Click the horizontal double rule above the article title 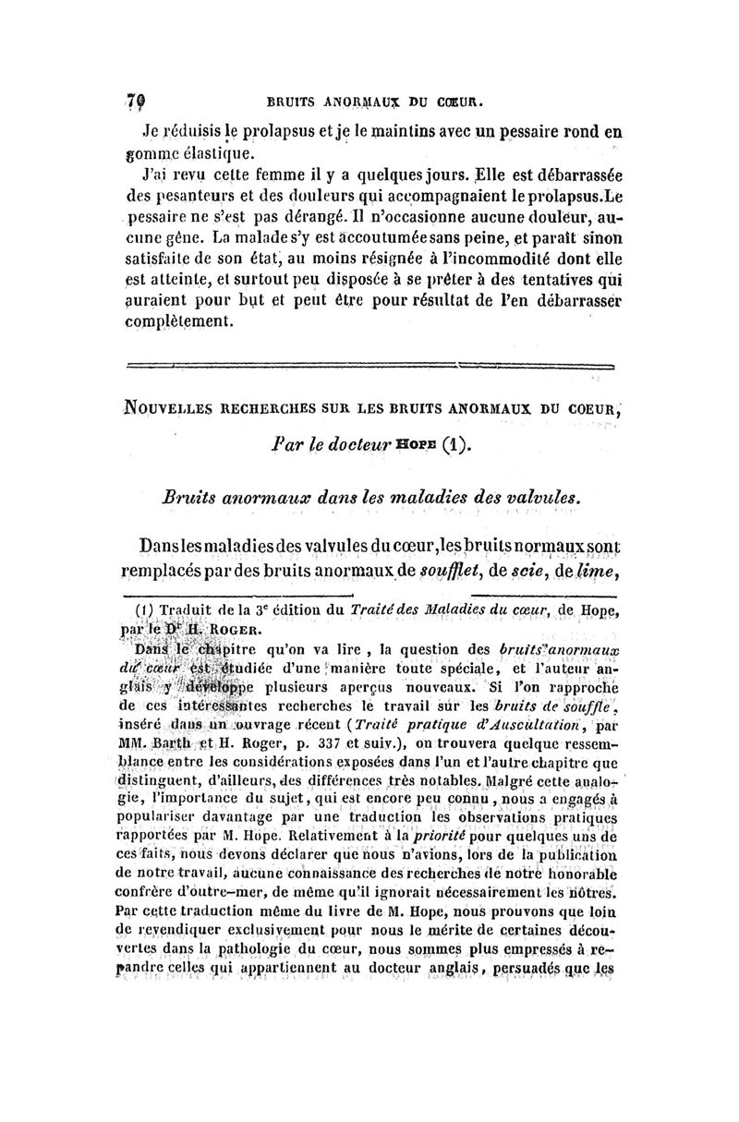[x=369, y=366]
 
